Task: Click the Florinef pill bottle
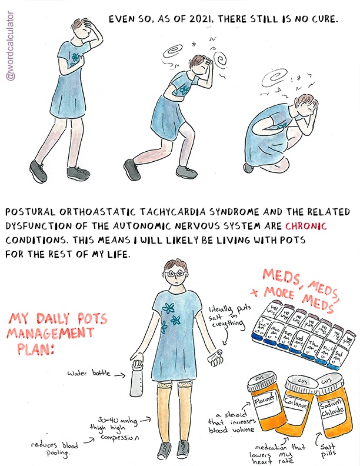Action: pyautogui.click(x=264, y=410)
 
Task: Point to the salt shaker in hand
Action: pyautogui.click(x=219, y=355)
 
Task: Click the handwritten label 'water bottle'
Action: pyautogui.click(x=88, y=374)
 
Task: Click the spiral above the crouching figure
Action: pyautogui.click(x=275, y=78)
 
